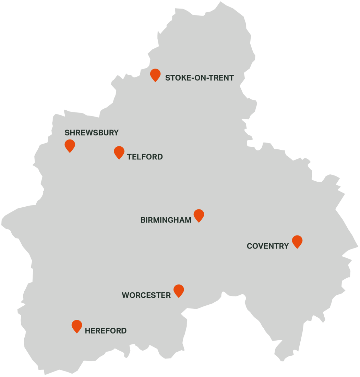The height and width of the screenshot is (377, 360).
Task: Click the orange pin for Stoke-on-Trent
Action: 155,74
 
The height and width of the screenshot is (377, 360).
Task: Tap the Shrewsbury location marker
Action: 70,145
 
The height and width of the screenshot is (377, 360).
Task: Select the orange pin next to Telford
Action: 119,152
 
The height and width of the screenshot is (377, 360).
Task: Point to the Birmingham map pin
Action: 199,215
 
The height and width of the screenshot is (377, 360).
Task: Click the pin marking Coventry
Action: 297,241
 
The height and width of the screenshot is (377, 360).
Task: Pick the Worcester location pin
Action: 179,290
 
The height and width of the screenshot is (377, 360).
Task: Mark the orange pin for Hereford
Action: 77,326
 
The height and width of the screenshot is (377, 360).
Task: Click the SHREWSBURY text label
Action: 92,133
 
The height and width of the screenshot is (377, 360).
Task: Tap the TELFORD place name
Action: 145,157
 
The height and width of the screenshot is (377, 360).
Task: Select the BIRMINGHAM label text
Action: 166,220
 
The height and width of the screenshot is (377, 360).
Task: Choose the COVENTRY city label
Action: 268,246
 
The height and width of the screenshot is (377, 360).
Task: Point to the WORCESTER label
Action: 146,295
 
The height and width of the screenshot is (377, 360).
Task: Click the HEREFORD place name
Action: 106,331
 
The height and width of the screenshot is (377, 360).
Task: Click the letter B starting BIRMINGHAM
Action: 143,220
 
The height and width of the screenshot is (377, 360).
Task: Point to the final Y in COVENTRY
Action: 286,246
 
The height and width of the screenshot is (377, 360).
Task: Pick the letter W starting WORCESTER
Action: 125,295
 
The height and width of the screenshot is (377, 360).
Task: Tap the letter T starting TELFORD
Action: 129,157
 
